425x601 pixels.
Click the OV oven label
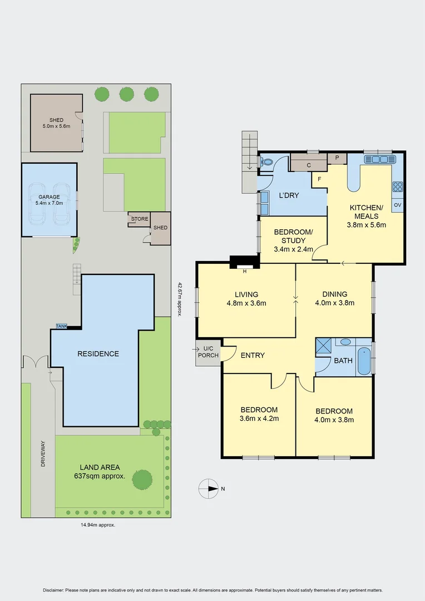[397, 205]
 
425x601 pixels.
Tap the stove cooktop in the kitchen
[398, 187]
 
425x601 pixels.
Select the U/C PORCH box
[208, 352]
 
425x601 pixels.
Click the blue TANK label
[61, 326]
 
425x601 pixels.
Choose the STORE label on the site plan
[140, 219]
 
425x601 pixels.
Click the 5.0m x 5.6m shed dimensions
[57, 126]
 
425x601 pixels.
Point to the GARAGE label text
[49, 197]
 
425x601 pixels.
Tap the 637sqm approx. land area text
[100, 476]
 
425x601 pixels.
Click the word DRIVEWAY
[43, 453]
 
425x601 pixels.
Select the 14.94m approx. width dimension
[98, 524]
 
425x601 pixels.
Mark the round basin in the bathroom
[345, 342]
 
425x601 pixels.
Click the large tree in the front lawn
[142, 478]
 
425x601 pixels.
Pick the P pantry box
[337, 159]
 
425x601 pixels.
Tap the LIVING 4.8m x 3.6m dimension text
[246, 303]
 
